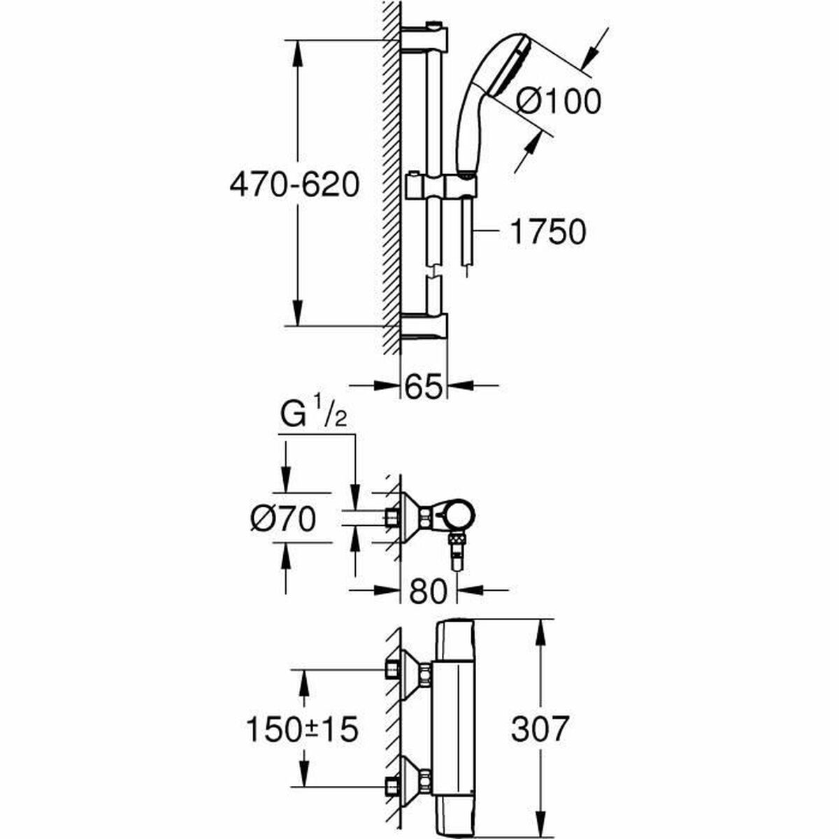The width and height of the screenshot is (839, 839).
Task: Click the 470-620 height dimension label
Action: coord(294,186)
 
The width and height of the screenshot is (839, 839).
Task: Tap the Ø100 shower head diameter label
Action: coord(558,102)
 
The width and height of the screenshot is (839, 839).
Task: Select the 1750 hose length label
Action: coord(547,233)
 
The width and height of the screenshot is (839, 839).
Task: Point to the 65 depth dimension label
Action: coord(424,386)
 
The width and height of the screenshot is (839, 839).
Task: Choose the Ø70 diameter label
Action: coord(282,519)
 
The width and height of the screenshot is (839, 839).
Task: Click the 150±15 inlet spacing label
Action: coord(302,730)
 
